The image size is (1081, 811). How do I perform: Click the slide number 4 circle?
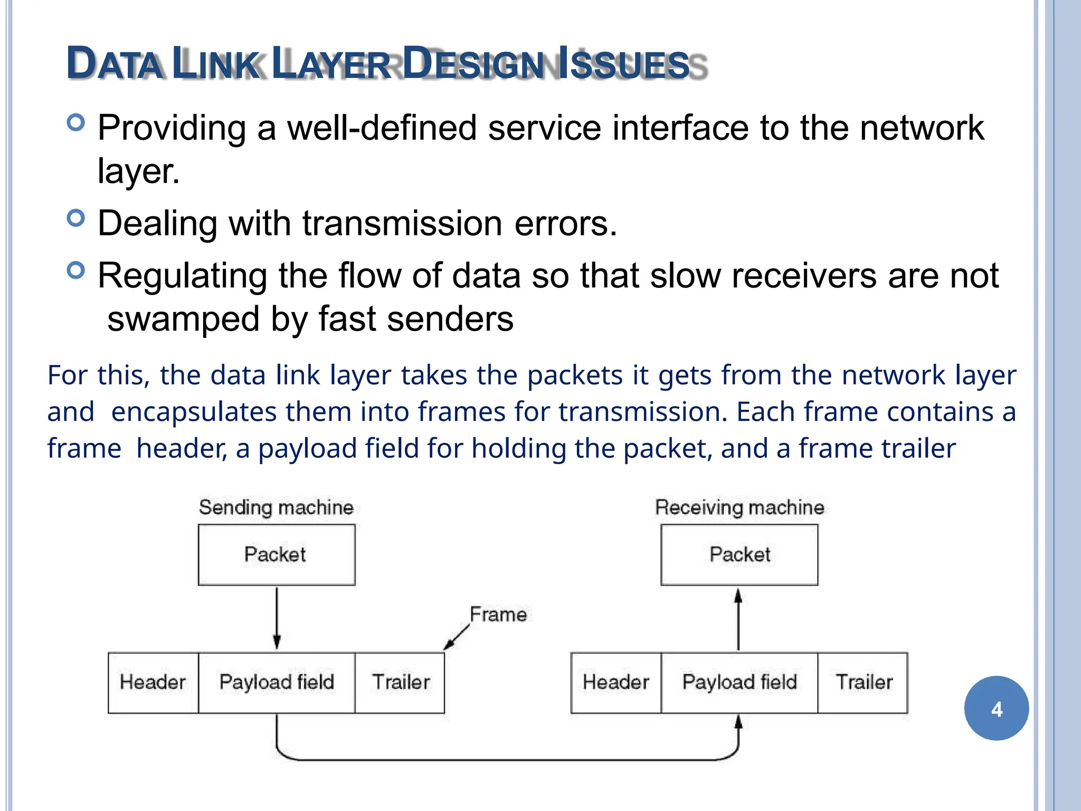[x=996, y=709]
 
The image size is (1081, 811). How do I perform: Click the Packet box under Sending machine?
[x=276, y=554]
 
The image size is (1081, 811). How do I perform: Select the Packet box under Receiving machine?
[x=739, y=554]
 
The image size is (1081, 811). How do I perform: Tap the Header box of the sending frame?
[x=153, y=682]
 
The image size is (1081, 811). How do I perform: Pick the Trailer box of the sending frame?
[x=400, y=682]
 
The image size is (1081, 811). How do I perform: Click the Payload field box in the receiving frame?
[x=739, y=682]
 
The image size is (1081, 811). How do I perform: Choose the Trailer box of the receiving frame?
[x=863, y=682]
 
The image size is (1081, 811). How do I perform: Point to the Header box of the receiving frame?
[x=615, y=682]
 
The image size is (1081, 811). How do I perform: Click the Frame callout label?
[x=498, y=615]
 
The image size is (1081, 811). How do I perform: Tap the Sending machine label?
[x=276, y=507]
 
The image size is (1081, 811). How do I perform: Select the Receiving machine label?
[x=739, y=507]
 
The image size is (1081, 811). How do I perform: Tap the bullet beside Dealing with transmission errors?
[x=76, y=218]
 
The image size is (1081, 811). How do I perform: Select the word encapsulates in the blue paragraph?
[x=194, y=412]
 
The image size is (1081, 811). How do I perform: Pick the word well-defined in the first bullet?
[x=382, y=128]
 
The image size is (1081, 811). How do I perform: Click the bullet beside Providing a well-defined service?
[x=76, y=122]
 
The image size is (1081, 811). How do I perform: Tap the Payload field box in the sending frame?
[x=276, y=682]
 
